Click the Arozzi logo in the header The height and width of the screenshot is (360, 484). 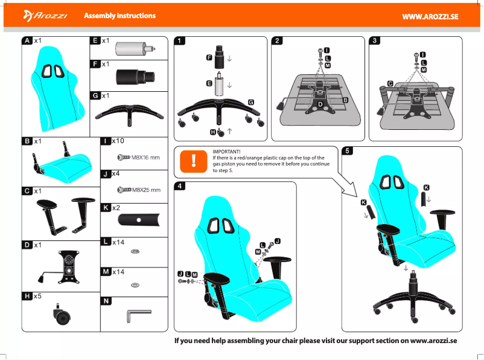coord(45,15)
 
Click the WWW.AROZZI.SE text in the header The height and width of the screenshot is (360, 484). coord(430,16)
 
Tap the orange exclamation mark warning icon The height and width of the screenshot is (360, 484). coord(193,160)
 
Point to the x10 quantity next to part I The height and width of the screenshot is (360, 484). coord(118,141)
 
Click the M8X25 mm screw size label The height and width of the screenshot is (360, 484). coord(146,190)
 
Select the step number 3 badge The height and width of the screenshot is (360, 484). coord(376,41)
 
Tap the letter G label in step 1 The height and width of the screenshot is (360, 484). coord(250,102)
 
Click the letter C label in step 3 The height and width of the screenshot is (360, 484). coord(390,83)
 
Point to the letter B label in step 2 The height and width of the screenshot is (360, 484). coord(345,98)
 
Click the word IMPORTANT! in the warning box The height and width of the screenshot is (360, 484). coord(226,151)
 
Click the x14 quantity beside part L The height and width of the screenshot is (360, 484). coord(118,242)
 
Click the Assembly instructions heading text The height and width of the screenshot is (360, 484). coord(119,16)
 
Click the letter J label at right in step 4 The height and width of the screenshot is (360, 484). coord(277,240)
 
